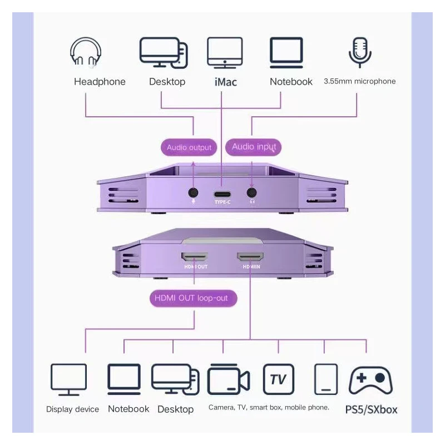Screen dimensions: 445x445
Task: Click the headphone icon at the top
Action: point(86,52)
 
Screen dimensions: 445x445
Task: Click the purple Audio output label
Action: point(189,147)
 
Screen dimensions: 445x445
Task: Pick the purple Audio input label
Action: point(254,147)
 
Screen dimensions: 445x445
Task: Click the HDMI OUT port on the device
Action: point(194,258)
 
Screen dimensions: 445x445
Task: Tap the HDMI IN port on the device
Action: point(250,258)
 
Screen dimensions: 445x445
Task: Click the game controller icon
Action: point(370,380)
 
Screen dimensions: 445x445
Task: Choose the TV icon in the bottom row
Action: point(278,379)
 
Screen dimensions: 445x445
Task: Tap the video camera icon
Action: point(228,380)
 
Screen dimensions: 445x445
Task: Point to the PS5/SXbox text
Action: point(371,410)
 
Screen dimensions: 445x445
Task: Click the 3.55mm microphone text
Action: point(359,81)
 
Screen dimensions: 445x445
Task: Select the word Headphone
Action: point(100,82)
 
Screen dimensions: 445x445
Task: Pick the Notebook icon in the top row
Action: point(286,52)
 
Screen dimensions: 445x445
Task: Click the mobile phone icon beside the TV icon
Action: point(325,379)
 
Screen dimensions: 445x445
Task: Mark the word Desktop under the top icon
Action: point(167,82)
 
